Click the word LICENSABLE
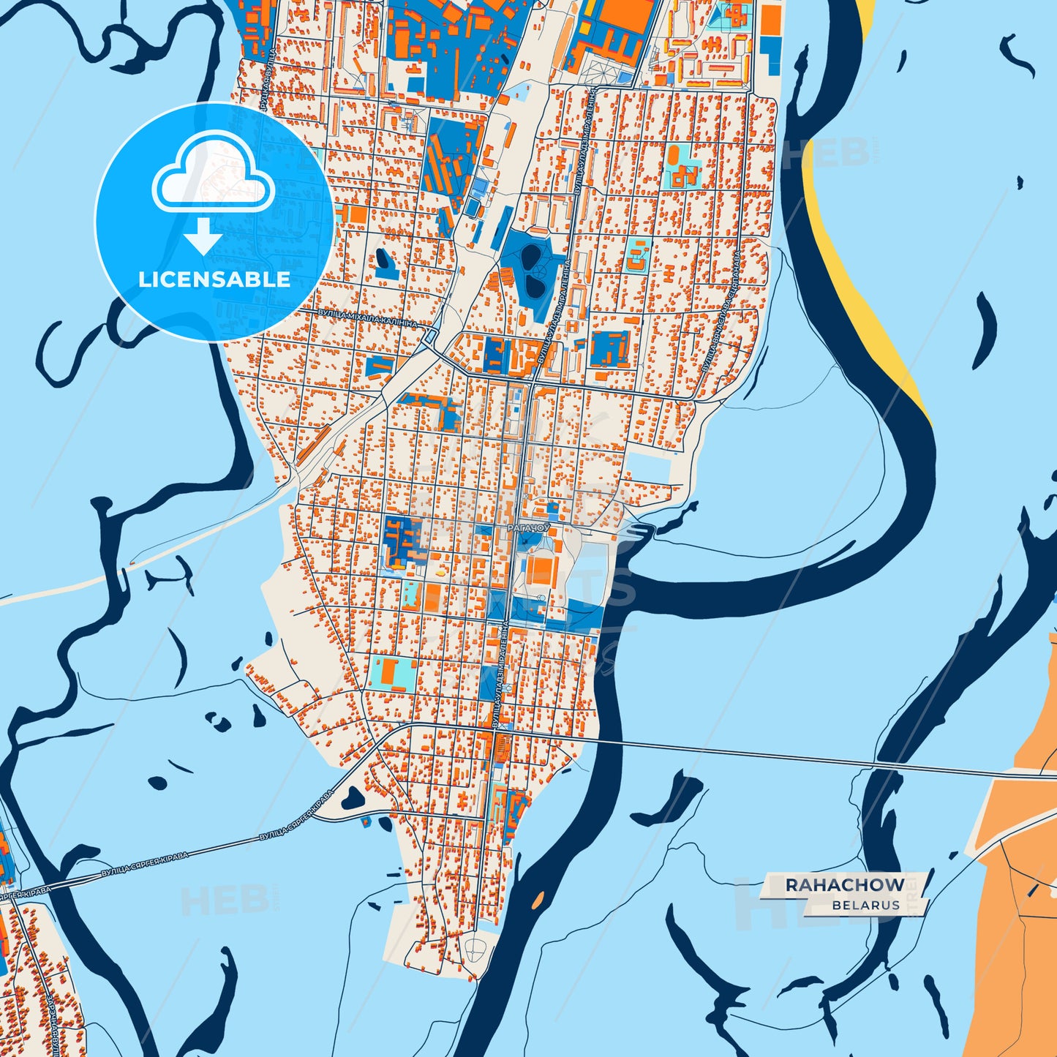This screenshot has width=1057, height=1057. pyautogui.click(x=214, y=279)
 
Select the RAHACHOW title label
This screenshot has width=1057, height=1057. pyautogui.click(x=844, y=885)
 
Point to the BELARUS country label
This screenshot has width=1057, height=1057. pyautogui.click(x=865, y=906)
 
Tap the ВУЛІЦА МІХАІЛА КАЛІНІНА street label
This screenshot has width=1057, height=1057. pyautogui.click(x=367, y=317)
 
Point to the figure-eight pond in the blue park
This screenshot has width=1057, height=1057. pyautogui.click(x=532, y=271)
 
